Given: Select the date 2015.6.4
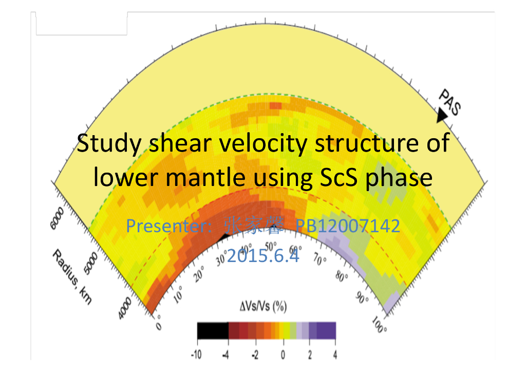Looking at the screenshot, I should tap(262, 255).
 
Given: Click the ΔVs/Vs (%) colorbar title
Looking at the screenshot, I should tap(263, 307).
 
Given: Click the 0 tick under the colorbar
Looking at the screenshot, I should tap(283, 355).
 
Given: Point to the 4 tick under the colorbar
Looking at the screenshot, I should tap(335, 355).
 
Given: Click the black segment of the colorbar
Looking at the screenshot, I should tap(213, 330).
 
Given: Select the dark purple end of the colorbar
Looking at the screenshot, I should tap(327, 330).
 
